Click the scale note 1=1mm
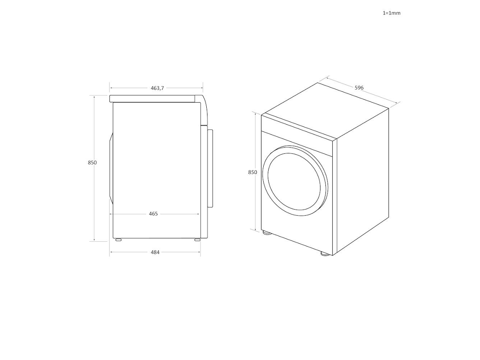click(x=391, y=13)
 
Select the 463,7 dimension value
click(x=157, y=88)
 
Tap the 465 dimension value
click(x=153, y=214)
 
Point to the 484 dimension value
click(x=155, y=252)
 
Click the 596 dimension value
click(x=359, y=88)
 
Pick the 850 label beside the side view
click(x=92, y=163)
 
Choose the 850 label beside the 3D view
click(x=252, y=172)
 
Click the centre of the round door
click(x=295, y=179)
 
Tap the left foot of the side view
click(x=118, y=240)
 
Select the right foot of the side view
click(x=197, y=240)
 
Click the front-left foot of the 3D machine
click(x=267, y=232)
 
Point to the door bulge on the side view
click(x=111, y=168)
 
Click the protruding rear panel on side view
click(x=211, y=168)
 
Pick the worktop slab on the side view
click(x=154, y=99)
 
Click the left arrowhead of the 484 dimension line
click(x=111, y=252)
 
